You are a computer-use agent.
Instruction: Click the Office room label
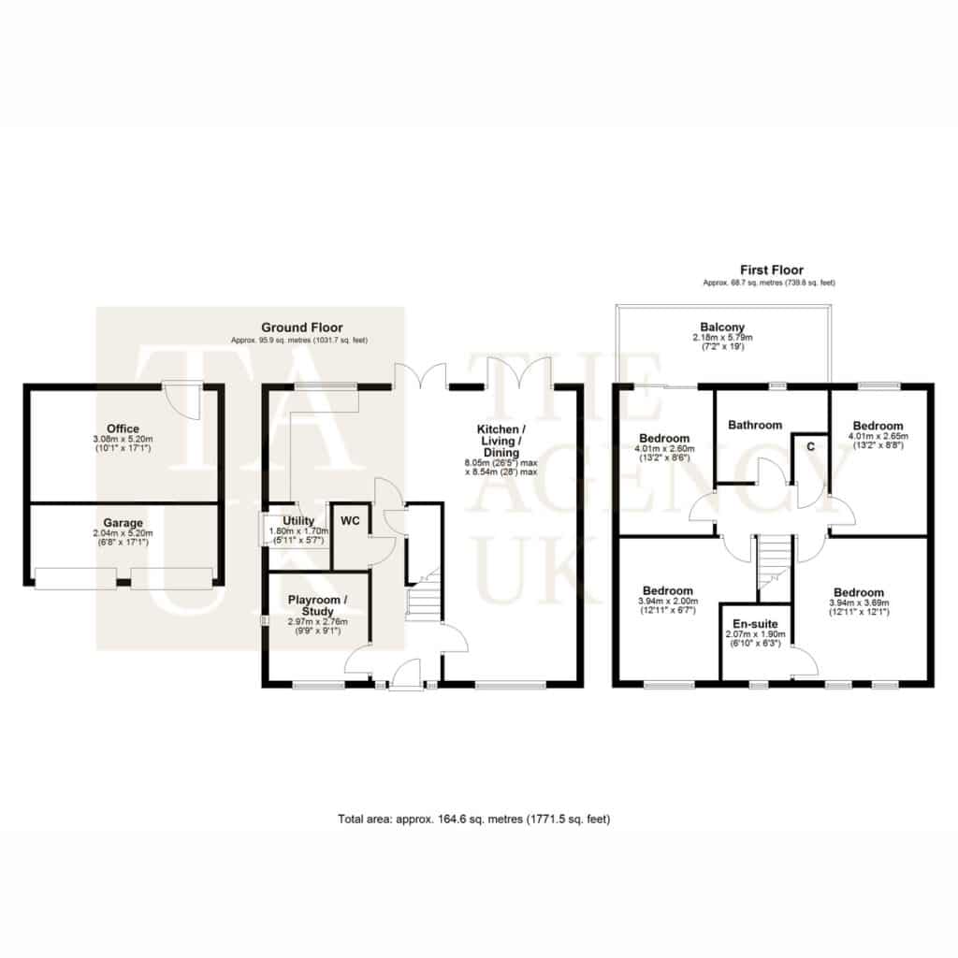pyautogui.click(x=123, y=428)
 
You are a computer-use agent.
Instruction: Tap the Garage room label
pyautogui.click(x=123, y=523)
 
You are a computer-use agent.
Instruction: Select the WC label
pyautogui.click(x=350, y=521)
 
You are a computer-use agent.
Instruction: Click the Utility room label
pyautogui.click(x=298, y=520)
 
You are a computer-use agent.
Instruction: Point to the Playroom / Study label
pyautogui.click(x=318, y=605)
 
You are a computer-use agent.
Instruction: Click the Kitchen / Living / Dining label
pyautogui.click(x=501, y=441)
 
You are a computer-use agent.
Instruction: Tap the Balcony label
pyautogui.click(x=723, y=327)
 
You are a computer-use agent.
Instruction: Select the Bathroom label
pyautogui.click(x=755, y=425)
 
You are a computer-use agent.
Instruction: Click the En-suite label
pyautogui.click(x=755, y=624)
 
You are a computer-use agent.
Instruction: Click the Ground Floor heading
pyautogui.click(x=302, y=327)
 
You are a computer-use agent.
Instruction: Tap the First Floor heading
pyautogui.click(x=772, y=269)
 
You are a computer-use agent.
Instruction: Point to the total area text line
pyautogui.click(x=474, y=819)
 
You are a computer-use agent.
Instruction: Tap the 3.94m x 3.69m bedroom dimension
pyautogui.click(x=859, y=602)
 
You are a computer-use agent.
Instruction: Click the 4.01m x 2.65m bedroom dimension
pyautogui.click(x=878, y=436)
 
